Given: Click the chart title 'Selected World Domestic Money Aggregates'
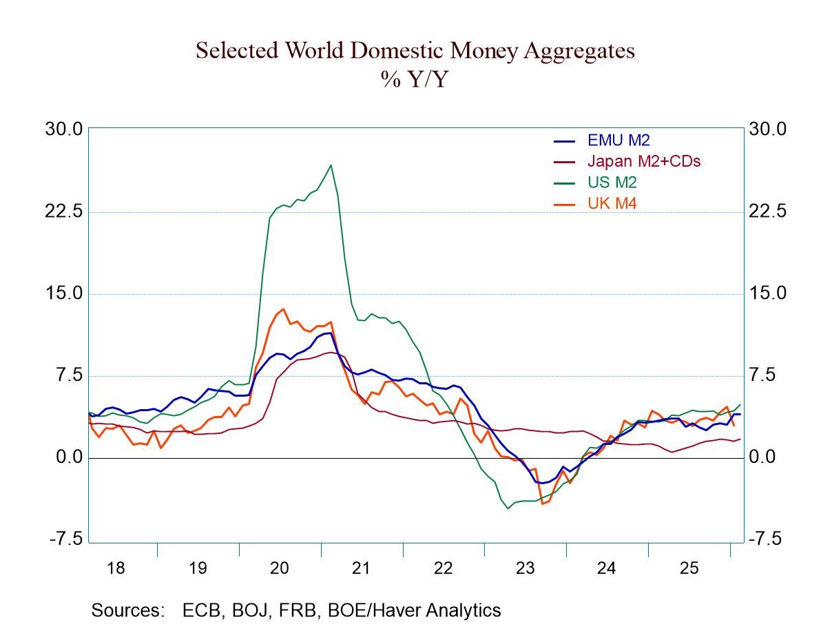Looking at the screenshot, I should click(415, 51).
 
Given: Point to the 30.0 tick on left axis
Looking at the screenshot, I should click(64, 129).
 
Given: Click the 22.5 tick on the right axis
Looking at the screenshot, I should click(767, 211).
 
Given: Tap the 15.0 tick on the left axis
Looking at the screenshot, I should click(64, 293).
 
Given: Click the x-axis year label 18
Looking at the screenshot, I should click(116, 568).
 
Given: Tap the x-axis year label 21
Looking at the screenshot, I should click(362, 568).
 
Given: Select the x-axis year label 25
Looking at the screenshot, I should click(689, 568).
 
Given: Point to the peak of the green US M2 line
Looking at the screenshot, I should click(331, 165).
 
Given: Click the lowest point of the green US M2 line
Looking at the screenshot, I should click(508, 508).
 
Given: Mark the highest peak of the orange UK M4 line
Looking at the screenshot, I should click(284, 309).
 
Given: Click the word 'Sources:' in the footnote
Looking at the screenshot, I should click(128, 610).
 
